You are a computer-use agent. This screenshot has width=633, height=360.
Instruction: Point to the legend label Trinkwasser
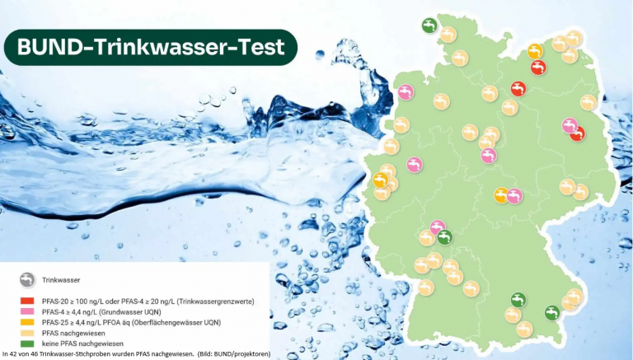[61, 280]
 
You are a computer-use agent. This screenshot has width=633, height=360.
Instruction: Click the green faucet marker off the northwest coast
[429, 26]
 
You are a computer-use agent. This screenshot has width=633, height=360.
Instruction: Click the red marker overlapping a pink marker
[577, 133]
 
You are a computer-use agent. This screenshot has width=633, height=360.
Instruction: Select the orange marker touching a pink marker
[501, 195]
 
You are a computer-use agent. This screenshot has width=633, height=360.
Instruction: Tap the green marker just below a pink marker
[444, 237]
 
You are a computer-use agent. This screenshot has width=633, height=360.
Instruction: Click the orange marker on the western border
[380, 180]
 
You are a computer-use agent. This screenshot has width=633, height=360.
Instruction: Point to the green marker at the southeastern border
[551, 313]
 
